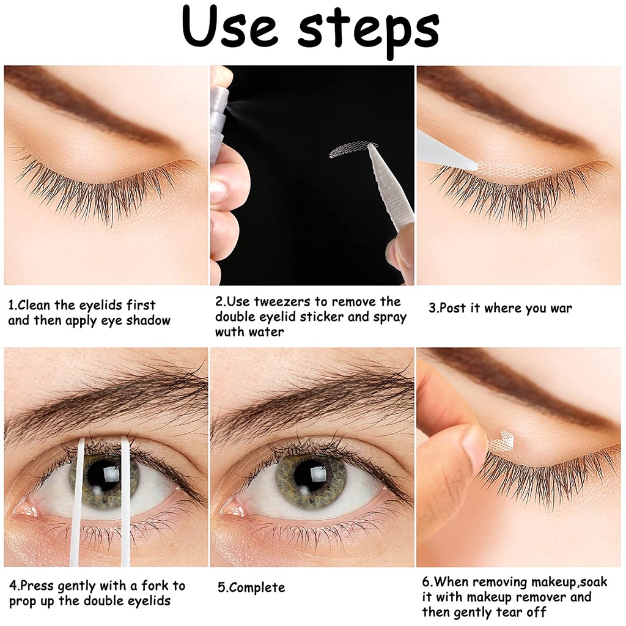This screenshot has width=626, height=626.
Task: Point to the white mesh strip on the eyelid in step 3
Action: click(515, 168)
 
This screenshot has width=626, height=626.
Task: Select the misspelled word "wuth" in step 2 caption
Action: click(230, 332)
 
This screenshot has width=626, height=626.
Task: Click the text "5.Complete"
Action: click(251, 587)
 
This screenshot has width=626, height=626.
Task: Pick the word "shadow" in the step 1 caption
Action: click(148, 320)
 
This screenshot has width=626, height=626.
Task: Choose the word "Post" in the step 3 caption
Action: click(454, 308)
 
